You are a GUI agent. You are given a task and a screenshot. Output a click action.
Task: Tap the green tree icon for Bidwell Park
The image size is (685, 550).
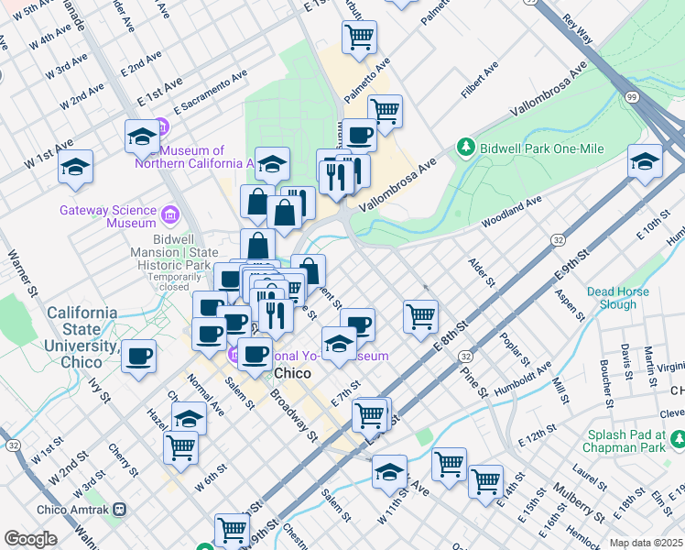click(x=466, y=148)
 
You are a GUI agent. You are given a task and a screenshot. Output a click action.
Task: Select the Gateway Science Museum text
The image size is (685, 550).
click(x=107, y=216)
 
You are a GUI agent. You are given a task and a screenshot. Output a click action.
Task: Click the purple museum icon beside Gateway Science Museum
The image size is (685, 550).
click(x=169, y=215)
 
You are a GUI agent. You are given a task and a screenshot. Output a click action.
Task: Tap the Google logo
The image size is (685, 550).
click(x=30, y=539)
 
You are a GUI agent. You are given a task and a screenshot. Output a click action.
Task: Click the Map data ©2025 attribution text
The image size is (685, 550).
click(x=646, y=544)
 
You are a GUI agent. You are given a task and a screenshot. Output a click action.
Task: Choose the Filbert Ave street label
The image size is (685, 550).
click(x=480, y=81)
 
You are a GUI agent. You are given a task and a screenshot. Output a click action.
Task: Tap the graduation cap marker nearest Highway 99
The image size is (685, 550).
click(x=645, y=161)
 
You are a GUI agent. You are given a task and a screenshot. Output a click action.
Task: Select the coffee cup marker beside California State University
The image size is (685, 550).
click(x=138, y=357)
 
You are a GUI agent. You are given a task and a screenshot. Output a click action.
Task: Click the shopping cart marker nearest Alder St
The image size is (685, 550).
click(x=420, y=316)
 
